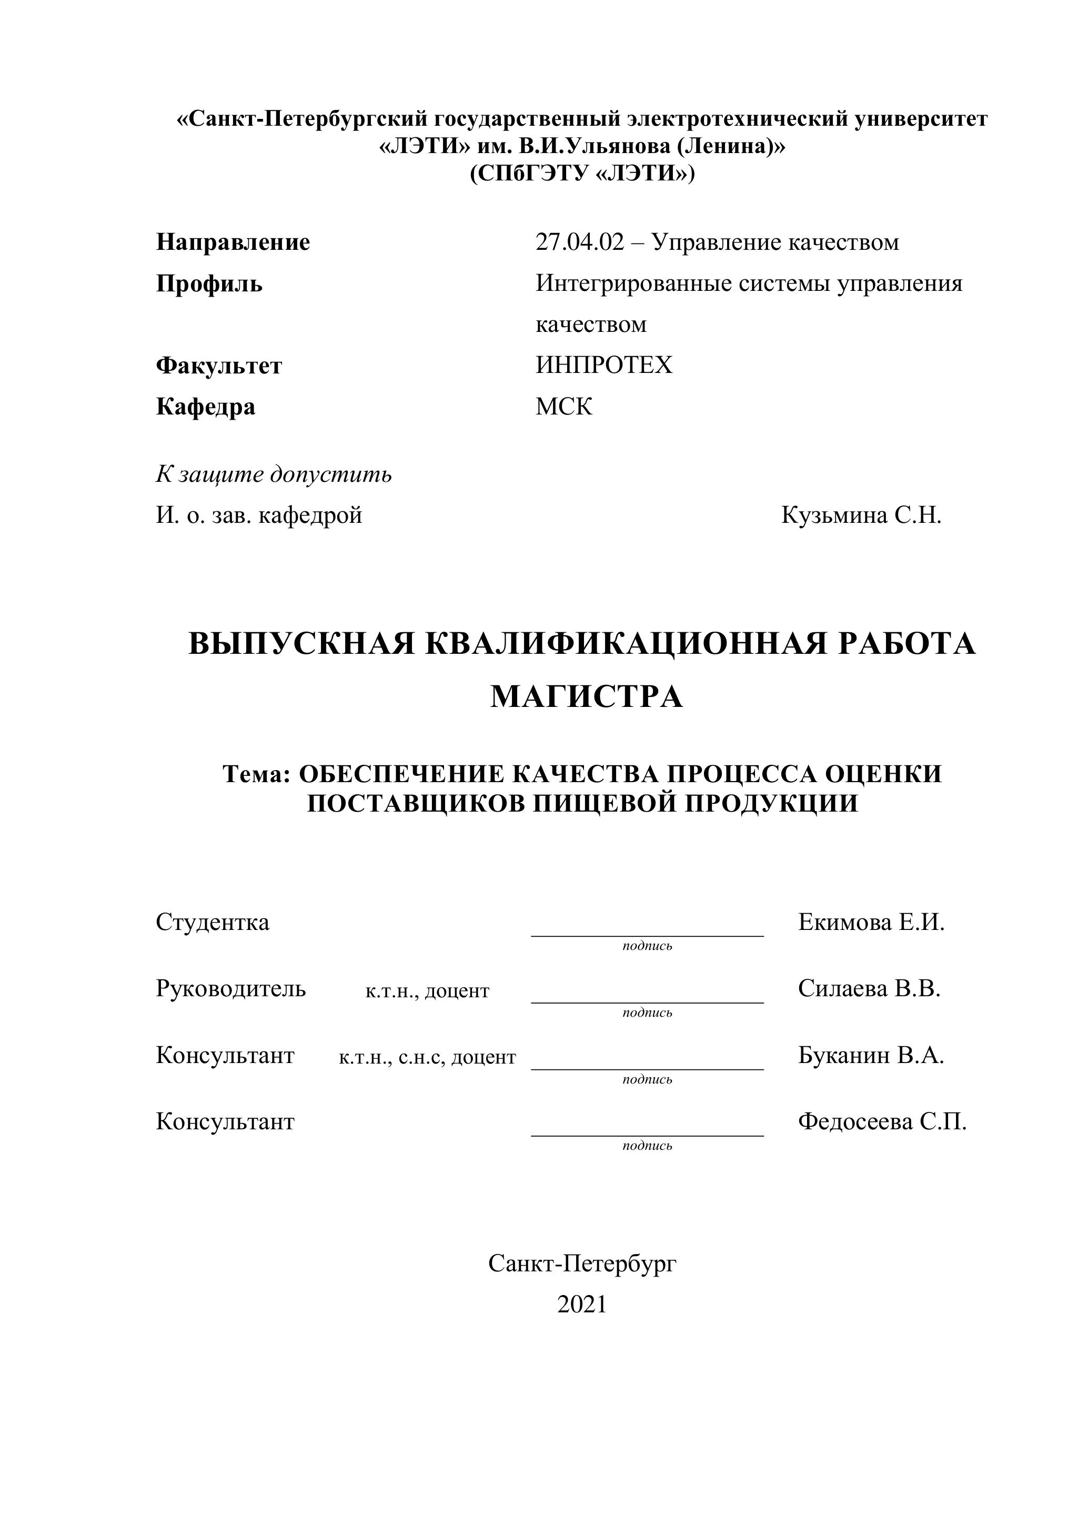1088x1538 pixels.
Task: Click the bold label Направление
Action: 233,242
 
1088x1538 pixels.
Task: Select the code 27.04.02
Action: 579,242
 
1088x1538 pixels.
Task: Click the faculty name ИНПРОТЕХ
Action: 603,365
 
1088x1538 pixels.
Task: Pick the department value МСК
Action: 563,407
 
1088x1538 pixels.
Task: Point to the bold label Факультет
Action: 219,366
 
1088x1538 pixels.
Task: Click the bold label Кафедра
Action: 206,407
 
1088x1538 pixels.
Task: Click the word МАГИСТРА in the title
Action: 586,697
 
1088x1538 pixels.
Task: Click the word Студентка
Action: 213,923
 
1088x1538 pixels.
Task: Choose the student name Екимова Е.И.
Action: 871,923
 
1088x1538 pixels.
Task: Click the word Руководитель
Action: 230,989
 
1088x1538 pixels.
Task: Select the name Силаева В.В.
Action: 869,989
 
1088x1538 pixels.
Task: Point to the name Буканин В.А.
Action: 870,1055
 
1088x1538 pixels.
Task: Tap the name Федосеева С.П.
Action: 882,1121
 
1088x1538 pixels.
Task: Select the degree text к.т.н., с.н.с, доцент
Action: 427,1057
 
